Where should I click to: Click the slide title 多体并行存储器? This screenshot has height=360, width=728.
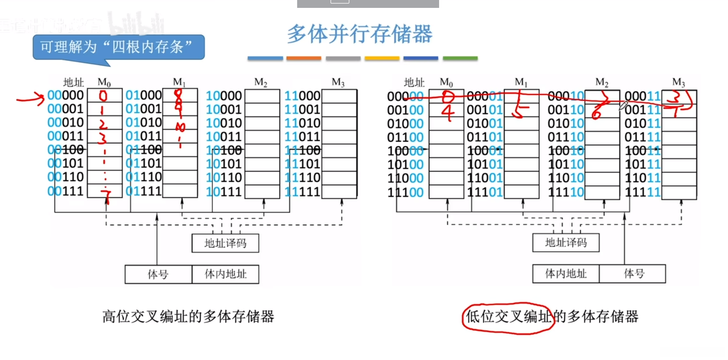click(360, 34)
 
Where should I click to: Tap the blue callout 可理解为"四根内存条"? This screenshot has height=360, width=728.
click(118, 47)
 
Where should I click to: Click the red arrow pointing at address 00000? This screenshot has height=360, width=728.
click(30, 98)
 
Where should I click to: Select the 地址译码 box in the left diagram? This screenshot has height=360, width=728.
click(225, 243)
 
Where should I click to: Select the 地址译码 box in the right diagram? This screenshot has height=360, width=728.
click(566, 243)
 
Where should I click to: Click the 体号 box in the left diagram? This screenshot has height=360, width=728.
click(158, 274)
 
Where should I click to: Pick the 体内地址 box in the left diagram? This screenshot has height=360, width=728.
click(225, 274)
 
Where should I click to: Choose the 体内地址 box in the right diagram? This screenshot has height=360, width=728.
click(566, 274)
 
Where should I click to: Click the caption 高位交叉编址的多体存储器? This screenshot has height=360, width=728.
click(188, 317)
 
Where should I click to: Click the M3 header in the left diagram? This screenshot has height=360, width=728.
click(338, 82)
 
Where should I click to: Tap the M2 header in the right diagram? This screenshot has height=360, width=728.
click(601, 82)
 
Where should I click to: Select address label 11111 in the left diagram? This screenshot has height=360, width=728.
click(302, 191)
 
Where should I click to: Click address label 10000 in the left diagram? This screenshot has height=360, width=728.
click(224, 96)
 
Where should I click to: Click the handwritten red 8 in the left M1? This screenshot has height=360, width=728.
click(178, 95)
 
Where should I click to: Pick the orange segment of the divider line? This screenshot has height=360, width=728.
click(303, 58)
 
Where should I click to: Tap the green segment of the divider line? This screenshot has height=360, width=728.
click(460, 58)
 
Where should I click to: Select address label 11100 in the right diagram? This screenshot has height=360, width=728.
click(405, 193)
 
